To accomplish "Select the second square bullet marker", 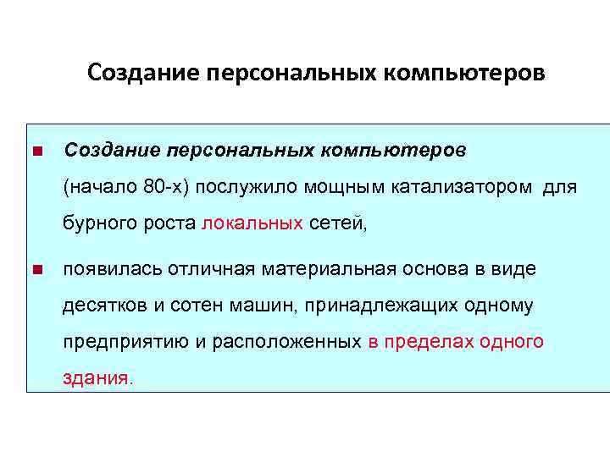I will [36, 271].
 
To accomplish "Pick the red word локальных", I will [253, 223].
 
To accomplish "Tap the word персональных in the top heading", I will [289, 74].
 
